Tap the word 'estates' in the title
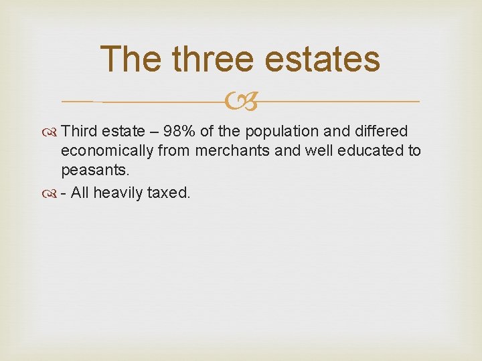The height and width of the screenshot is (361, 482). (x=323, y=59)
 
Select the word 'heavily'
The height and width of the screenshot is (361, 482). (x=117, y=193)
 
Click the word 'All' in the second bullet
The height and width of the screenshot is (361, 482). (x=79, y=193)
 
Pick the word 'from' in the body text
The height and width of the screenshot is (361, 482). (x=175, y=151)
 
